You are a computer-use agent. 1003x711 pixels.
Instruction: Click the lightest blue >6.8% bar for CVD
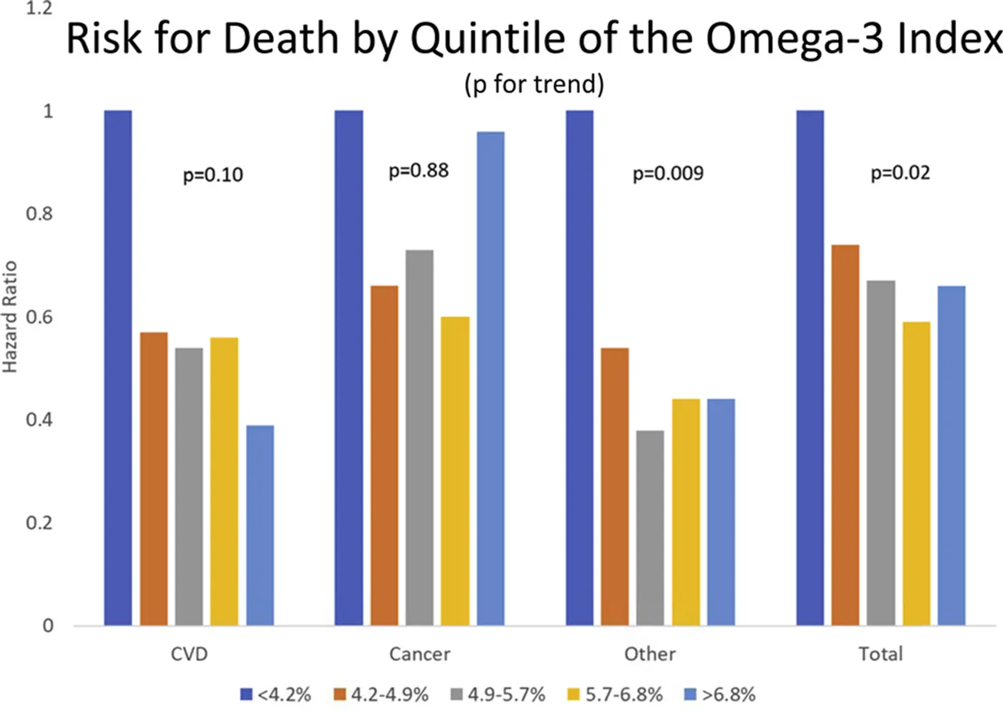(x=260, y=525)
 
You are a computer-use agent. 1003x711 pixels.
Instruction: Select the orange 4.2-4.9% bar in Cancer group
(x=384, y=456)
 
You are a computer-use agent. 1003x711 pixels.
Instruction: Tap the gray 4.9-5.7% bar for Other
(x=650, y=528)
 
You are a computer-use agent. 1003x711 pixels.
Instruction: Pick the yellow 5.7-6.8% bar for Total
(x=916, y=473)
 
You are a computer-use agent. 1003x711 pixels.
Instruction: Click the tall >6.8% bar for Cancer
(x=490, y=379)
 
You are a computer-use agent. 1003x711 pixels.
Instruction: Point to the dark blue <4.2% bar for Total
(x=810, y=368)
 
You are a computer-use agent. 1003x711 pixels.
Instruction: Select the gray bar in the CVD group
(x=189, y=487)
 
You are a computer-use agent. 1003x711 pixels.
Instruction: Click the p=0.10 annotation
(x=213, y=175)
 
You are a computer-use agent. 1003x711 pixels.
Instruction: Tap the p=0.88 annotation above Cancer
(x=419, y=171)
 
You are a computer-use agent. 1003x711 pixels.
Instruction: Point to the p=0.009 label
(x=668, y=173)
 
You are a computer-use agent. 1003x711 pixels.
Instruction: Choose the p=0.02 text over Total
(x=900, y=173)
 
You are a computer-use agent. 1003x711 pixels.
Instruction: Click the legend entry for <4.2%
(x=276, y=695)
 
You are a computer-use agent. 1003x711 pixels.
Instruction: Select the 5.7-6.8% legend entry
(x=615, y=695)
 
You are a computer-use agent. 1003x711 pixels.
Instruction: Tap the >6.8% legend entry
(x=720, y=695)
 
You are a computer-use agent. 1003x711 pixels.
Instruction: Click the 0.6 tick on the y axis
(x=39, y=317)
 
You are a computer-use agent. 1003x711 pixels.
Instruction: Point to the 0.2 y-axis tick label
(x=39, y=523)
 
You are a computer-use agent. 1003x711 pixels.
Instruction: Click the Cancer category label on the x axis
(x=419, y=655)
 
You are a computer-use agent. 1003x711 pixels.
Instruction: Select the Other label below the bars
(x=650, y=655)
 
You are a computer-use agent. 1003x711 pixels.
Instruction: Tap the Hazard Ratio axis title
(x=10, y=317)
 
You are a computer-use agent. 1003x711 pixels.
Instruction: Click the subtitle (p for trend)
(x=534, y=84)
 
